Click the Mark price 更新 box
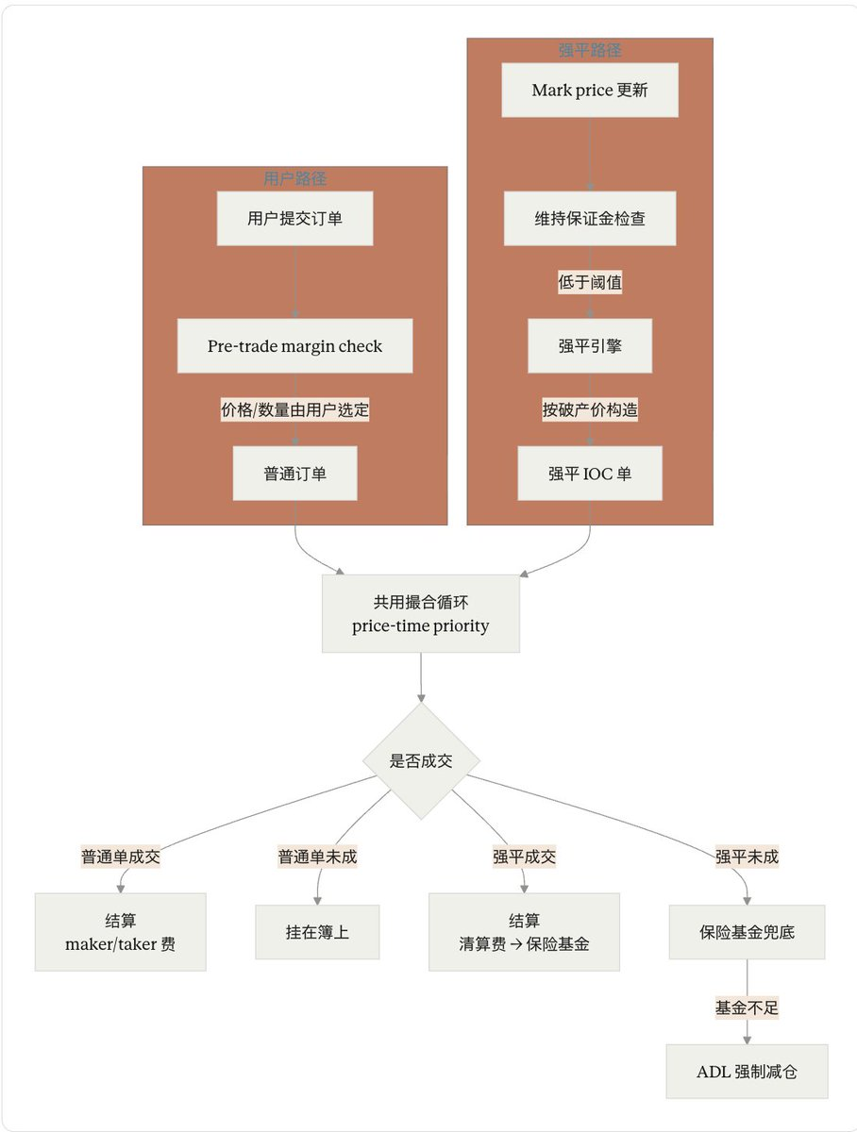pos(590,91)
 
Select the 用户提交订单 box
pos(294,219)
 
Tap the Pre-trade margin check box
pos(294,346)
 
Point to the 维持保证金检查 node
pos(590,219)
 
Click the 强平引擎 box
pos(590,346)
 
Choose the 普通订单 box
pos(294,474)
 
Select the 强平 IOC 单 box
pos(590,474)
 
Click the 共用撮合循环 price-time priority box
pos(421,614)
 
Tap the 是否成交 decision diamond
pos(421,761)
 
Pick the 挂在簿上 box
pos(317,932)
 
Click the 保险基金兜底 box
pos(747,932)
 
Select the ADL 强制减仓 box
pos(747,1072)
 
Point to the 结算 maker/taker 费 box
pos(120,932)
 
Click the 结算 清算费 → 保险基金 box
pos(524,932)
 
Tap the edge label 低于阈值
pos(590,282)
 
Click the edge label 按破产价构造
pos(590,410)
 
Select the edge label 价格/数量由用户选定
pos(294,410)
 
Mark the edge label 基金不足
pos(747,1007)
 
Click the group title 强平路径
pos(590,50)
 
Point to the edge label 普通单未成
pos(317,857)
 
